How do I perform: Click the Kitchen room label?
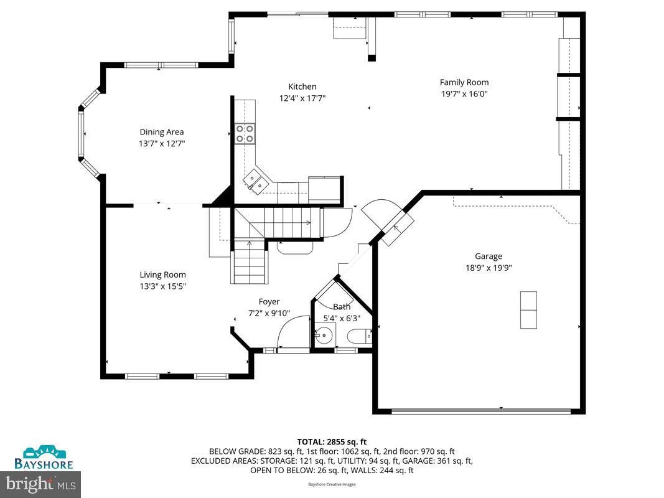tap(302, 87)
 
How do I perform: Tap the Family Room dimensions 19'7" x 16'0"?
tap(464, 94)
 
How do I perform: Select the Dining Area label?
tap(162, 131)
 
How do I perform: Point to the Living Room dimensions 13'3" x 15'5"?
tap(162, 286)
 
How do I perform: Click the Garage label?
tap(489, 256)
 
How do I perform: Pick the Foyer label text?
tap(269, 301)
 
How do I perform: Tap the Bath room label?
tap(342, 306)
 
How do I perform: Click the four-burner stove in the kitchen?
tap(245, 133)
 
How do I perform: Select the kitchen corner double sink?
tap(256, 181)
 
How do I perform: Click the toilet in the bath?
tap(358, 337)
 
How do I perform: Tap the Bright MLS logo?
tap(41, 482)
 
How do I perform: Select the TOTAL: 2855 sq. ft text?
tap(332, 441)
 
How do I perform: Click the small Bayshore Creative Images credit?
tap(332, 484)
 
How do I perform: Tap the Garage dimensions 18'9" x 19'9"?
tap(489, 268)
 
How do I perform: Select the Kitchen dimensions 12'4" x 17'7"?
tap(302, 98)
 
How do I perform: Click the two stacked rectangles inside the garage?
tap(528, 309)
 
